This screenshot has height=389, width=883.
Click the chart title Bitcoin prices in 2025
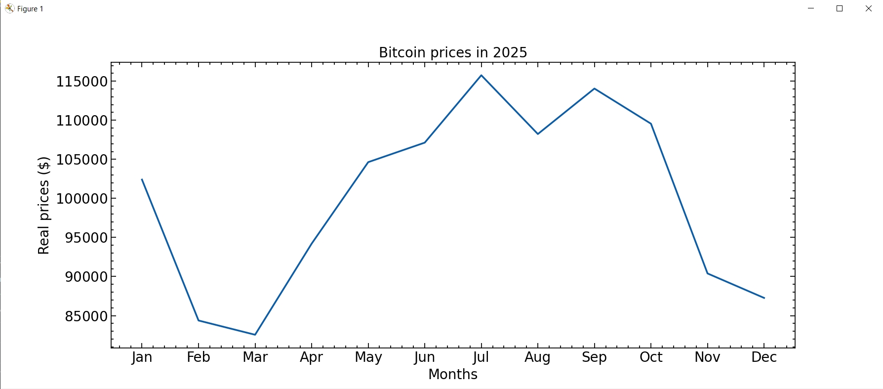coord(453,52)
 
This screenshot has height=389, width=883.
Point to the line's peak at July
coord(482,75)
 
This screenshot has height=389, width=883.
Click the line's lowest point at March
coord(255,335)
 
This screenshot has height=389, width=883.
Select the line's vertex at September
coord(594,88)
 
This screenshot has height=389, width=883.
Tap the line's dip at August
coord(538,134)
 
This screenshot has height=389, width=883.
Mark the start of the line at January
coord(142,179)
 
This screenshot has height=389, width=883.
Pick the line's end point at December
coord(764,298)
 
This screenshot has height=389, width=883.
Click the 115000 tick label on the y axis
coord(81,82)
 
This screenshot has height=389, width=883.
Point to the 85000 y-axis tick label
coord(86,316)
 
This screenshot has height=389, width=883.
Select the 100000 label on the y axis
coord(81,199)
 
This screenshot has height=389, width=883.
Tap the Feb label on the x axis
coord(199,357)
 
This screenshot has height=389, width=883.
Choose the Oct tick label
coord(651,357)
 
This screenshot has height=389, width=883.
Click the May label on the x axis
coord(368,357)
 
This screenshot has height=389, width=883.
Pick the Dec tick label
coord(764,357)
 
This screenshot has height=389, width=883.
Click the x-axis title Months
coord(453,375)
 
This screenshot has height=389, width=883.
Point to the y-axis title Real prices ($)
coord(43,206)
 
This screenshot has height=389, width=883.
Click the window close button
coord(869,8)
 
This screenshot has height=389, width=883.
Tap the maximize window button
coord(840,8)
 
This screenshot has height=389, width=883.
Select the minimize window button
coord(811,8)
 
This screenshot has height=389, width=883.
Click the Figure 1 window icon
coord(9,8)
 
